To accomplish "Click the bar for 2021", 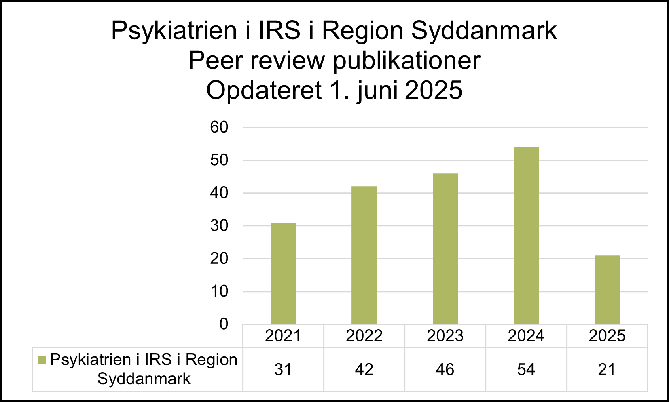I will click(283, 273).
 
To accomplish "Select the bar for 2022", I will click(364, 255).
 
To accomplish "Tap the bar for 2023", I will click(445, 248).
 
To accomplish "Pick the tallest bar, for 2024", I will click(526, 236).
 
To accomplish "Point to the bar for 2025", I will click(607, 289).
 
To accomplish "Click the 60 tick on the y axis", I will click(219, 127).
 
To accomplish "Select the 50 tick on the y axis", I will click(219, 160).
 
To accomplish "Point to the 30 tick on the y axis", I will click(219, 226).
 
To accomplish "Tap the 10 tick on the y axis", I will click(219, 291).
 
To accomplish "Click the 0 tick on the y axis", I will click(224, 324).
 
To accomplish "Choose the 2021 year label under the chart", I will click(283, 336).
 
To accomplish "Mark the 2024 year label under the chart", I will click(526, 336).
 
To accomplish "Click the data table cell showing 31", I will click(283, 369).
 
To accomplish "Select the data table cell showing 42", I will click(364, 369).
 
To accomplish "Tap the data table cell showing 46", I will click(445, 369).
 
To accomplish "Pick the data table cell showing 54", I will click(526, 369).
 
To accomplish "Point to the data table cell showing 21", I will click(607, 369).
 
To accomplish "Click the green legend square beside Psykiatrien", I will click(42, 360).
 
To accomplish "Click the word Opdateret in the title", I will click(264, 90).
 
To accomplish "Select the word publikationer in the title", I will click(406, 61).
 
